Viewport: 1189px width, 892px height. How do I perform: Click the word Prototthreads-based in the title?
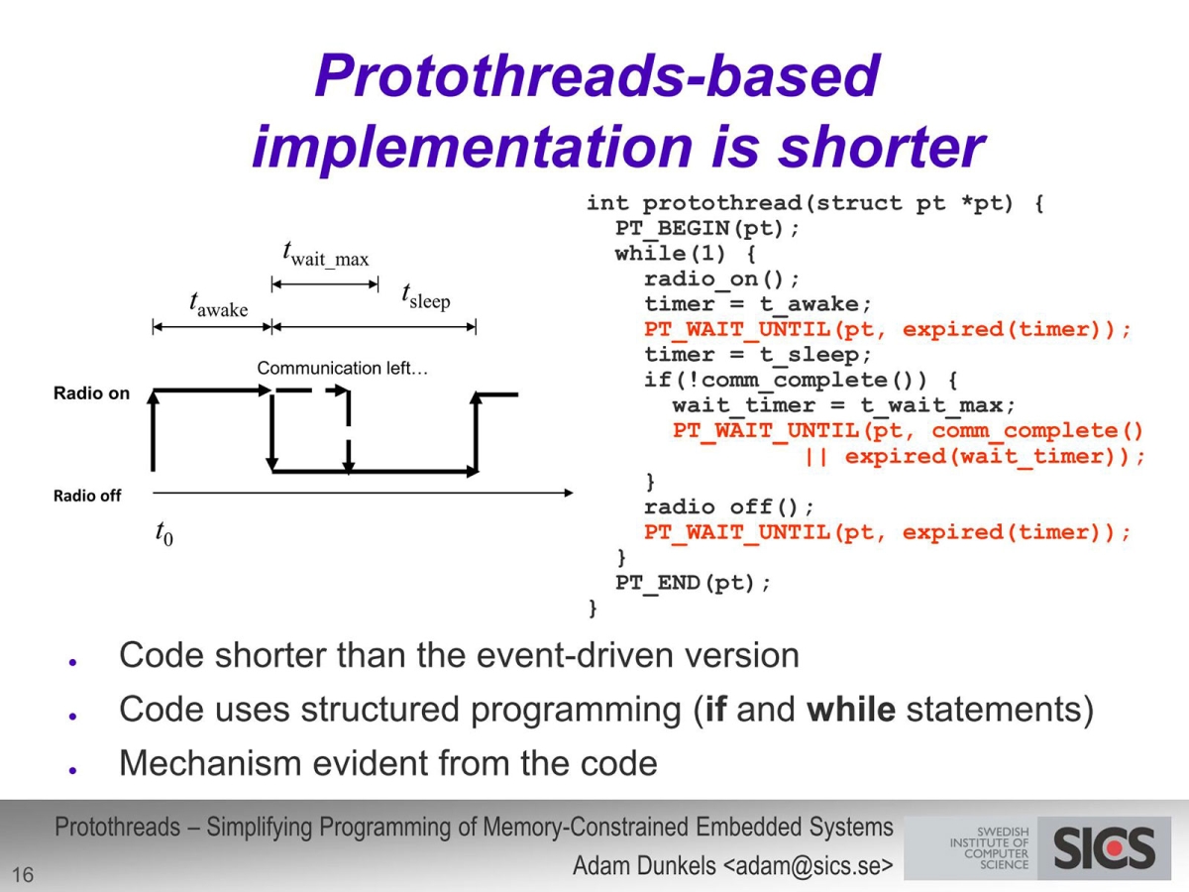tap(596, 75)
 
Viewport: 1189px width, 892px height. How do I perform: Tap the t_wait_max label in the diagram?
tap(326, 255)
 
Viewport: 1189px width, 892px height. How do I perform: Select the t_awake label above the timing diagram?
tap(218, 305)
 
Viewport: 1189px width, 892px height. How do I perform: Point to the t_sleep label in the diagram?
tap(426, 296)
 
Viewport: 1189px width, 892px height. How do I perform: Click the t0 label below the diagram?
tap(163, 533)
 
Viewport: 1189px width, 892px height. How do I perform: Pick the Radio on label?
tap(91, 393)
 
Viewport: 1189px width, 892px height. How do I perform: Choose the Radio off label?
tap(87, 496)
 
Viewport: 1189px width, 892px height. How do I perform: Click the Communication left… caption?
tap(343, 369)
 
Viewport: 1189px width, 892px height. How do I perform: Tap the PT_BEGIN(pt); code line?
tap(706, 228)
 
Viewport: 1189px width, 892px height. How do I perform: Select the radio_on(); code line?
tap(721, 279)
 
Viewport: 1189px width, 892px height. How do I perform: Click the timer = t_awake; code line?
tap(758, 304)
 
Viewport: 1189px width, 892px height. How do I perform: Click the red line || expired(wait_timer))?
tap(974, 457)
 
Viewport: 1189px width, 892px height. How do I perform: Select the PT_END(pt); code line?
tap(693, 583)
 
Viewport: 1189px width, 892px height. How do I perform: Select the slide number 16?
tap(22, 874)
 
